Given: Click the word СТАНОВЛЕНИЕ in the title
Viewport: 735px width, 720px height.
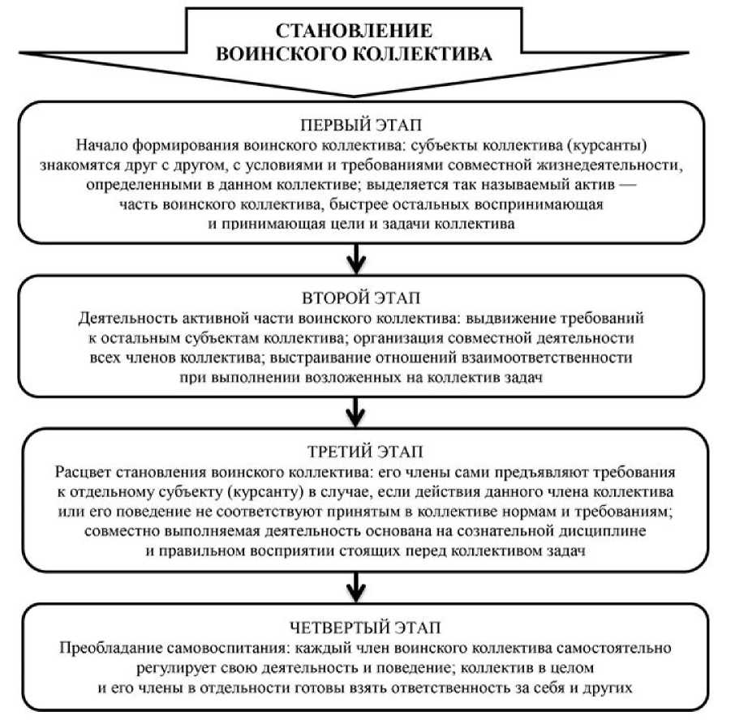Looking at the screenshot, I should tap(354, 31).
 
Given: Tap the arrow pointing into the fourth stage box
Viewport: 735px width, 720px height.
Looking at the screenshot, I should tap(355, 585).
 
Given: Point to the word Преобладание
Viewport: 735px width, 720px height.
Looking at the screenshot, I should tap(105, 649).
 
